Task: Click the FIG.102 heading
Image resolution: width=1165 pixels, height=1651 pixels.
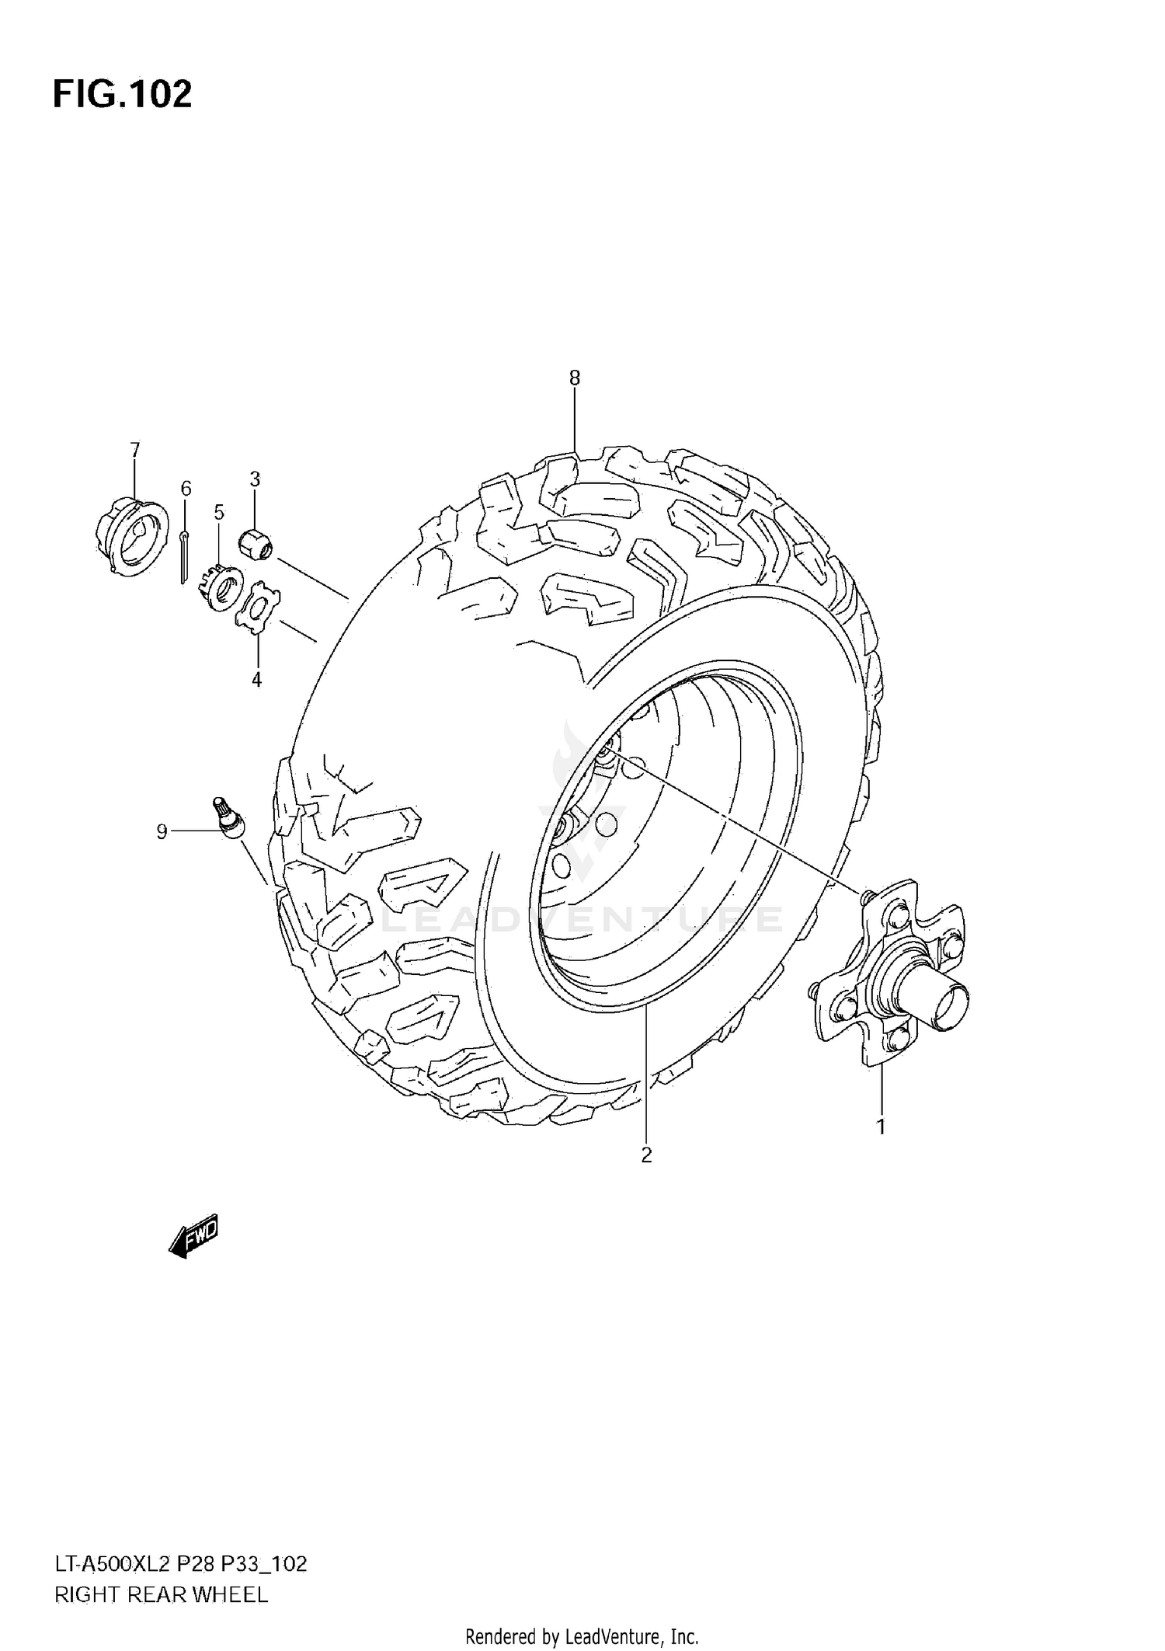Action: (x=122, y=95)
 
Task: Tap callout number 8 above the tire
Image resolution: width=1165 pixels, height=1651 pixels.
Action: (x=574, y=378)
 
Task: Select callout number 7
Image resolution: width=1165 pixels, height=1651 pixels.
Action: (x=135, y=450)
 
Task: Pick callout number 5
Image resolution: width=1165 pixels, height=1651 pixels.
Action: (x=219, y=512)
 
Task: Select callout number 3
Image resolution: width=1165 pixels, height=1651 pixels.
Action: (x=255, y=479)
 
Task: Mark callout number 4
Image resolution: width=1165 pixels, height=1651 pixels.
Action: (x=256, y=680)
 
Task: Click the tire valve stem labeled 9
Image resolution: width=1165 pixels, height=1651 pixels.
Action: (x=228, y=818)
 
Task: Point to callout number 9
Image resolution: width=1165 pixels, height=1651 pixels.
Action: (x=162, y=832)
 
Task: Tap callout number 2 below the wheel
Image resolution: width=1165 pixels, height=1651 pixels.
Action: (x=646, y=1177)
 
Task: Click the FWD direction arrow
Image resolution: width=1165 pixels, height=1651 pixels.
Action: (x=193, y=1235)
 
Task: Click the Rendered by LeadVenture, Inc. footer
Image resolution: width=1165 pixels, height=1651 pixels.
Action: (x=582, y=1638)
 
